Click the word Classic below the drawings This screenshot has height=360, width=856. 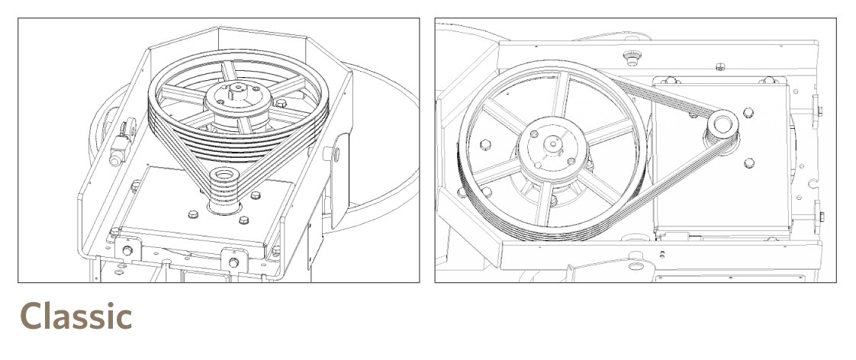[x=76, y=316]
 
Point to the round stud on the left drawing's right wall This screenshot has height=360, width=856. [x=331, y=153]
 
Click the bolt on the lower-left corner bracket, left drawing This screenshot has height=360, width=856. [x=127, y=250]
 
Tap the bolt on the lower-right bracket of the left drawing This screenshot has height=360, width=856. [x=233, y=263]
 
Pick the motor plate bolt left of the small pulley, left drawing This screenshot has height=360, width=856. [x=193, y=214]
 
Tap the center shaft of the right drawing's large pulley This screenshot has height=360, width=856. [x=553, y=144]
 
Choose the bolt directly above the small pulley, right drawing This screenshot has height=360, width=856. [x=748, y=112]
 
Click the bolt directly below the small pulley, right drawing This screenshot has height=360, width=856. [x=749, y=162]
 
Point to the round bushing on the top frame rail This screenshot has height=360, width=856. [x=632, y=58]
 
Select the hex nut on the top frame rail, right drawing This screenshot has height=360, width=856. [x=720, y=67]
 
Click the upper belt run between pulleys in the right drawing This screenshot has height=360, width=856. [x=663, y=95]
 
